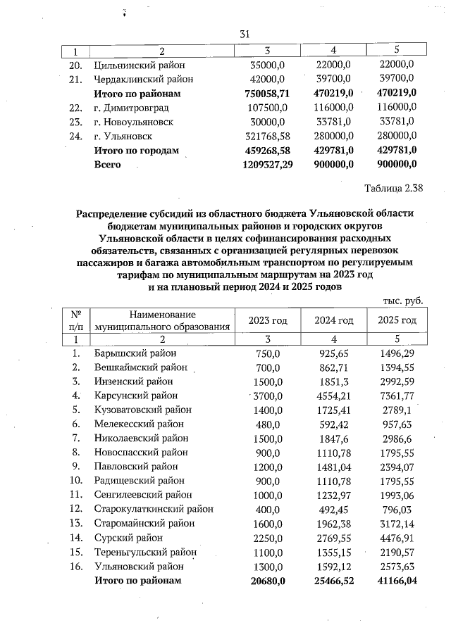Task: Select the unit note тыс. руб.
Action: [403, 301]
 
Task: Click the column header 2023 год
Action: [268, 320]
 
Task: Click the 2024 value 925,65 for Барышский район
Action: [334, 353]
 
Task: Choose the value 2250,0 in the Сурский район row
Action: [267, 538]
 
